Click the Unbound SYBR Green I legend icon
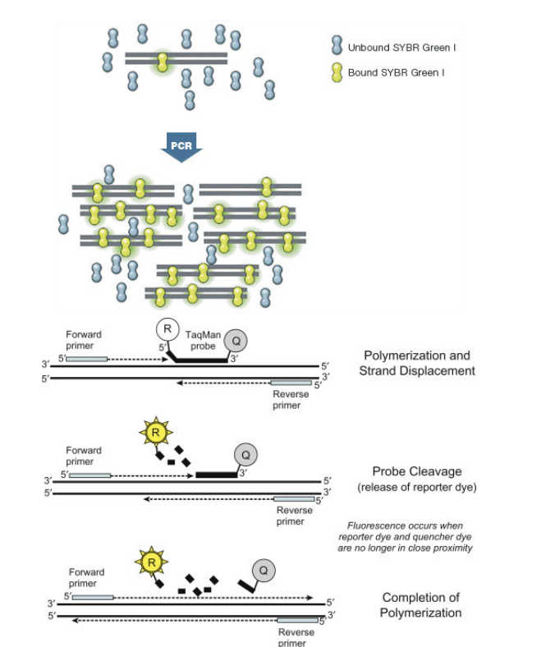[336, 47]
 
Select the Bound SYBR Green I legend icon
[336, 73]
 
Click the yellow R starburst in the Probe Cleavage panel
[157, 431]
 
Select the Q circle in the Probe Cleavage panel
[244, 453]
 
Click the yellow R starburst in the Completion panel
[150, 562]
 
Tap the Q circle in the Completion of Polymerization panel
[264, 569]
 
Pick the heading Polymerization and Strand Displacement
[416, 363]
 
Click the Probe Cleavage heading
[416, 471]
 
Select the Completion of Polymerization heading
[420, 605]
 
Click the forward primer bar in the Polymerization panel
[87, 359]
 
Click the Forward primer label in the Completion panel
[86, 576]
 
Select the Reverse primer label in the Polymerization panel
[291, 400]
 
